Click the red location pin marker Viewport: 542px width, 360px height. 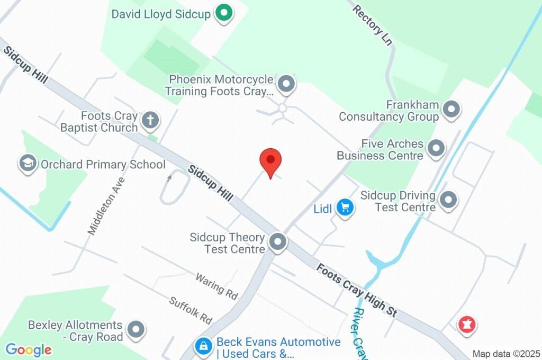click(x=270, y=160)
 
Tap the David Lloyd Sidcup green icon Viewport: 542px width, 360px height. click(x=224, y=14)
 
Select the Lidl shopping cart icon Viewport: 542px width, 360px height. click(x=346, y=208)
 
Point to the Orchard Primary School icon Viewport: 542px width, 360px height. click(x=27, y=164)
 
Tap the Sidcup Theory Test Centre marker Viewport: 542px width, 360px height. click(x=277, y=242)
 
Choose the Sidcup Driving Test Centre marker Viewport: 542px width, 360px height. click(x=448, y=200)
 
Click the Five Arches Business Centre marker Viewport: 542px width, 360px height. click(x=436, y=149)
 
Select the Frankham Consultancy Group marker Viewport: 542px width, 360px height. click(x=451, y=110)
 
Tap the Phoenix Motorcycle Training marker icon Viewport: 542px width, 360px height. click(x=286, y=84)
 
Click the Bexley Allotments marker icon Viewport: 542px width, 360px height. click(x=137, y=329)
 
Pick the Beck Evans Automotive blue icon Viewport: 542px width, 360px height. click(x=203, y=347)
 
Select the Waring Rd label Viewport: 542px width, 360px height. click(x=216, y=286)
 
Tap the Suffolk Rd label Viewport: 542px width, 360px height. click(x=191, y=310)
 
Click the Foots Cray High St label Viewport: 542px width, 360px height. click(x=357, y=290)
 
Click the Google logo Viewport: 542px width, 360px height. click(x=29, y=349)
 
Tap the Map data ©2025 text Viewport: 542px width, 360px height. click(x=506, y=354)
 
